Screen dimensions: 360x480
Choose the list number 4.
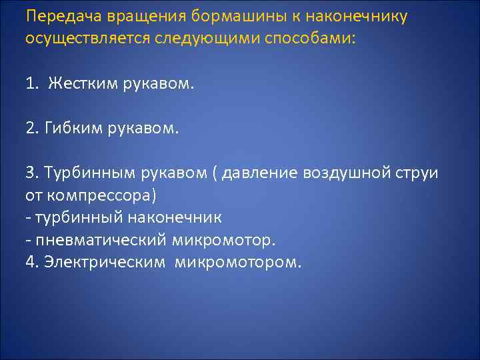coord(30,261)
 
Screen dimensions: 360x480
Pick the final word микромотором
coord(238,261)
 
